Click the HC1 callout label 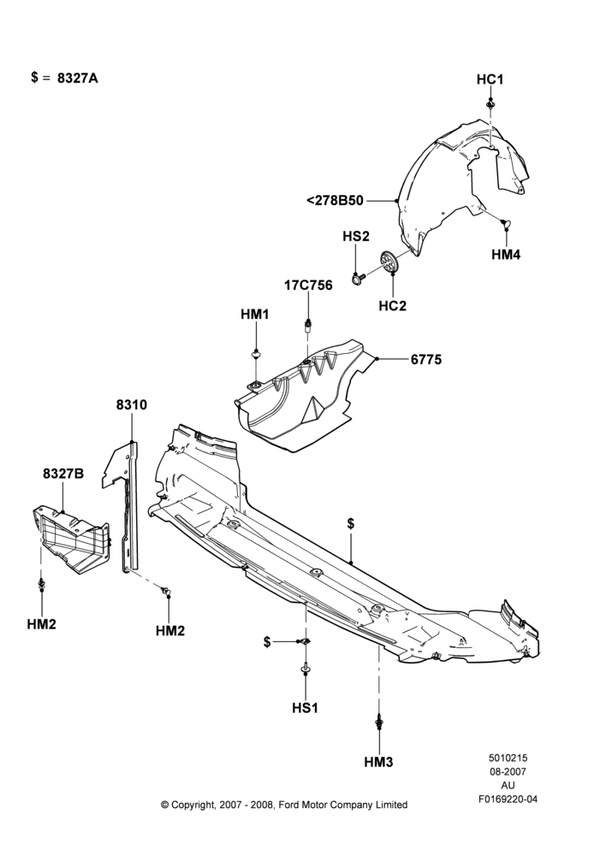490,80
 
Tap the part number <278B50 336,201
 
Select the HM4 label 506,254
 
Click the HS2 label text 356,236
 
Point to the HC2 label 393,306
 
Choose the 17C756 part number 308,286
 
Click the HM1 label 255,315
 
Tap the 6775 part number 426,359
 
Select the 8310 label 132,404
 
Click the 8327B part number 63,474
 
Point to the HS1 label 305,708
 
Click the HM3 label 378,762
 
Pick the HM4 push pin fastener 505,222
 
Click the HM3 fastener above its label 378,722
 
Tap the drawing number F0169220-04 508,799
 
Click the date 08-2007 508,771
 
